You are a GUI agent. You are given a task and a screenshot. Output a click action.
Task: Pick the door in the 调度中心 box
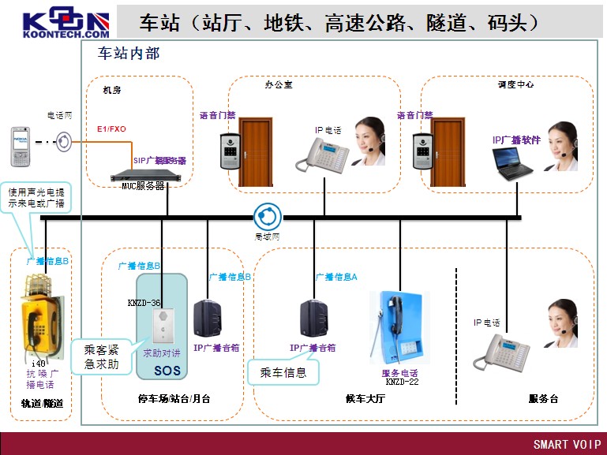[448, 146]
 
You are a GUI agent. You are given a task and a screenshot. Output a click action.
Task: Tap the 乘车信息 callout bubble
[283, 371]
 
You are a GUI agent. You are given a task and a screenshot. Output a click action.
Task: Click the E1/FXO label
[111, 129]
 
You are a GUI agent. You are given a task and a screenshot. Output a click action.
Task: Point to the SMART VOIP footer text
[567, 444]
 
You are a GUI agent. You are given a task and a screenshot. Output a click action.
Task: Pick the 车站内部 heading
[129, 54]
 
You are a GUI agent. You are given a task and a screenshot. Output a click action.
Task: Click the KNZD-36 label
[144, 302]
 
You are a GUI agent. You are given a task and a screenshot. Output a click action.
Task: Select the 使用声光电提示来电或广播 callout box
[39, 197]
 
